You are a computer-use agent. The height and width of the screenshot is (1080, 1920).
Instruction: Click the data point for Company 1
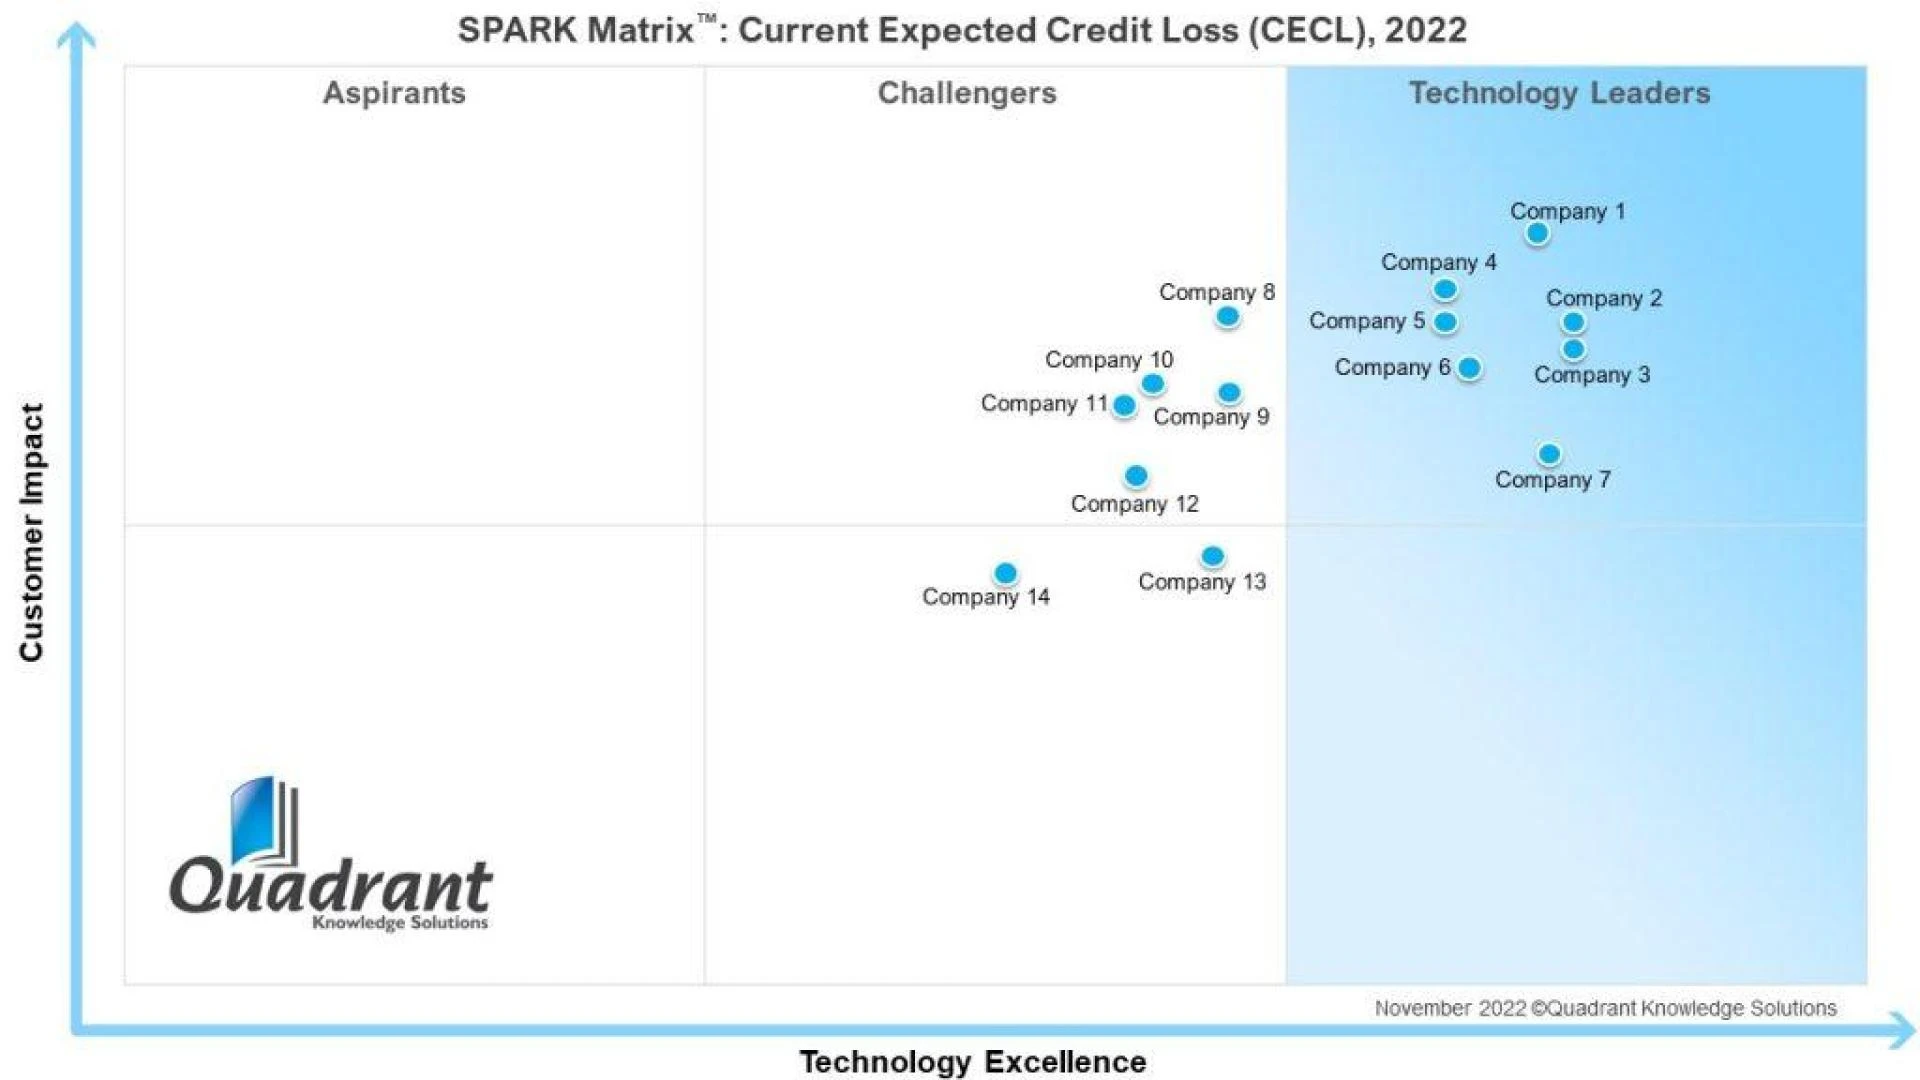[1537, 233]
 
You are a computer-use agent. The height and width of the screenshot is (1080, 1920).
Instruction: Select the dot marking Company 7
[1549, 454]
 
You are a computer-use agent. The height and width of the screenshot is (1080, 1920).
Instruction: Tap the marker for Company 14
[1005, 573]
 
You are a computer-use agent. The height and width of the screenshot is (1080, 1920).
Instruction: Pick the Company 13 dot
[1212, 556]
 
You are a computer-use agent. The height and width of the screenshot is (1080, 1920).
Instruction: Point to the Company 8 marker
[1227, 317]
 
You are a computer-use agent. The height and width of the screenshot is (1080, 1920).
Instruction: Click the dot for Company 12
[1135, 476]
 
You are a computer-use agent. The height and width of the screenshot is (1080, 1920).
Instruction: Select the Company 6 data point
[1469, 368]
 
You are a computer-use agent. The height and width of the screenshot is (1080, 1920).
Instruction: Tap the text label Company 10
[1108, 359]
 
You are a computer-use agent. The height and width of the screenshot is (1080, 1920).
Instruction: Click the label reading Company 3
[1591, 375]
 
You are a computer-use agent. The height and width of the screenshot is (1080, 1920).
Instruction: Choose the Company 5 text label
[1366, 321]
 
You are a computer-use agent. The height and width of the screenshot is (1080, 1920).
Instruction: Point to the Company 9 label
[1210, 417]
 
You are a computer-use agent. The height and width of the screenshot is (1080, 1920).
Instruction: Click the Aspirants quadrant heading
[394, 93]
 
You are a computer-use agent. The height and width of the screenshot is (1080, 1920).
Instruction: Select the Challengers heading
[966, 93]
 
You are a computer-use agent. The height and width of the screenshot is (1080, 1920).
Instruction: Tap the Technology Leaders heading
[1559, 93]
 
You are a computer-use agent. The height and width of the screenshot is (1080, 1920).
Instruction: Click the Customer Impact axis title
[32, 532]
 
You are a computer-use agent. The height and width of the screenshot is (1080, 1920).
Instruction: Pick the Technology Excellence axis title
[972, 1061]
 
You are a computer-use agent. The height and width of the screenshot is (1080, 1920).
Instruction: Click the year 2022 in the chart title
[1425, 30]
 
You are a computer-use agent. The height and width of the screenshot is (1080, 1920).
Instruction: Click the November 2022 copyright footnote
[1604, 1008]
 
